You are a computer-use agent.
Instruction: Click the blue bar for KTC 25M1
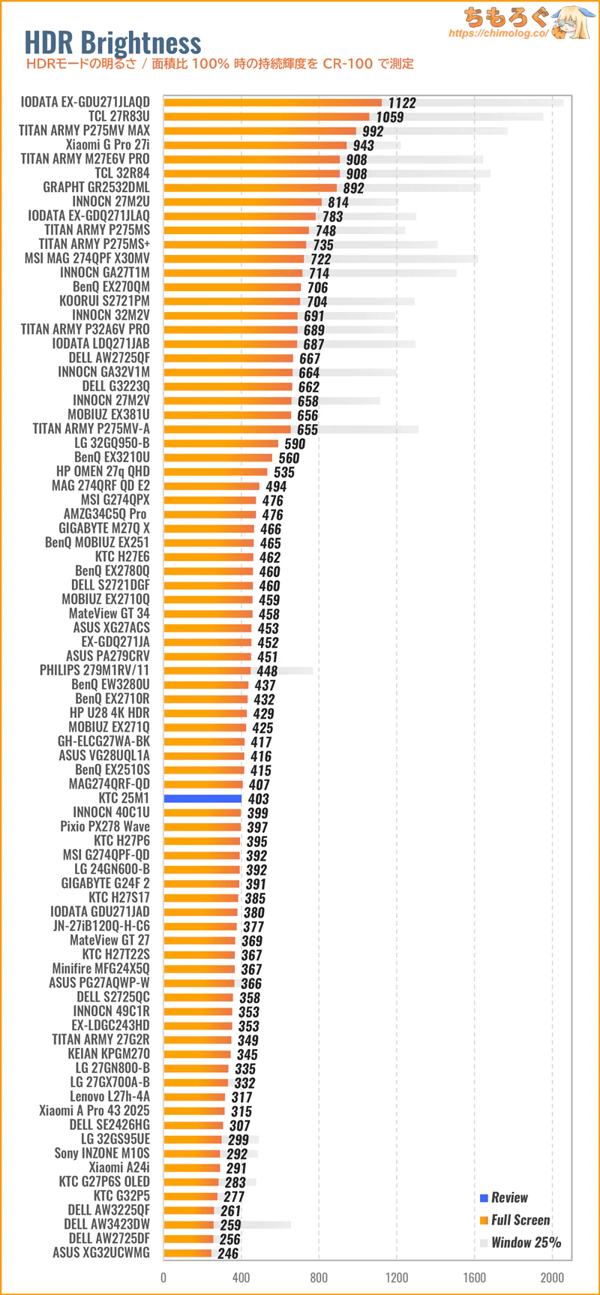[202, 798]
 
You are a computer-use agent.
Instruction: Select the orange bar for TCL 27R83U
[266, 116]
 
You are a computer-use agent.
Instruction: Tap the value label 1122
[402, 103]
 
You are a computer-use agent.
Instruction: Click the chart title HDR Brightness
[112, 43]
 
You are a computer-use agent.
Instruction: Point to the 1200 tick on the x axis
[397, 1277]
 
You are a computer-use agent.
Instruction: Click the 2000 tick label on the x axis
[552, 1277]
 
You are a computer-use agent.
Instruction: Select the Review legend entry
[509, 1197]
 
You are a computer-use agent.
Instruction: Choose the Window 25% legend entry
[526, 1242]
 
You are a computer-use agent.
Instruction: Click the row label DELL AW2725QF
[109, 358]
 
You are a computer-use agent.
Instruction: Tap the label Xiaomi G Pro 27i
[107, 145]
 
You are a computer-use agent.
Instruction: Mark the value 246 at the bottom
[228, 1253]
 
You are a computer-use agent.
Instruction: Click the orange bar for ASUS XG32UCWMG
[187, 1253]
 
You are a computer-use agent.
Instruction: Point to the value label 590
[295, 443]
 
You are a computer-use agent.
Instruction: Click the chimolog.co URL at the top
[498, 33]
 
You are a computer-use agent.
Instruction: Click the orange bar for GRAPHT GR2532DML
[250, 188]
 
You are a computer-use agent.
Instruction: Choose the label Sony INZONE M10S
[102, 1153]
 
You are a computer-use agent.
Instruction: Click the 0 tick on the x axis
[163, 1277]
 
